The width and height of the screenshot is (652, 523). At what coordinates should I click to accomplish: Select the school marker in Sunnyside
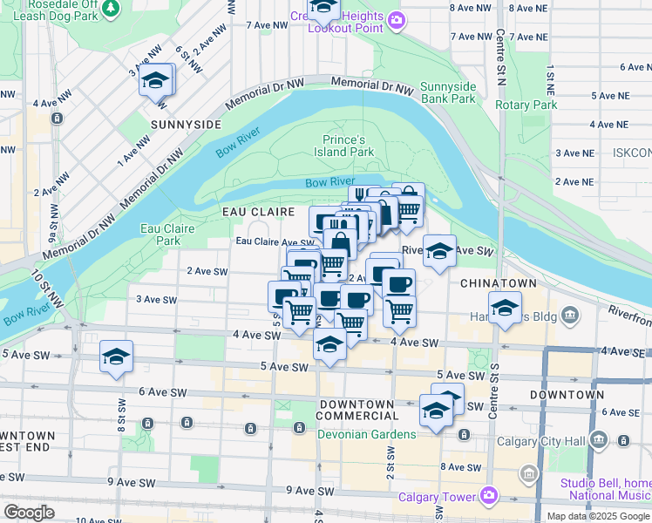(x=156, y=81)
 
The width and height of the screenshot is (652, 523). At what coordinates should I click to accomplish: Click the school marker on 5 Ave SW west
(x=115, y=357)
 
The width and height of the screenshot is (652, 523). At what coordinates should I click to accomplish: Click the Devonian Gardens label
(x=365, y=434)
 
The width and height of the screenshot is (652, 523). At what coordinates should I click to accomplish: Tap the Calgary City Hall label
(x=540, y=440)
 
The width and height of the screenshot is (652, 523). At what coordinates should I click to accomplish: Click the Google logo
(x=29, y=513)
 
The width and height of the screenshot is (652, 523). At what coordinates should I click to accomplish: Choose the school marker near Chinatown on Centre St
(x=504, y=309)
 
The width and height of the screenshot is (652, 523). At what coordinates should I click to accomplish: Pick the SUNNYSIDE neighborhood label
(x=186, y=125)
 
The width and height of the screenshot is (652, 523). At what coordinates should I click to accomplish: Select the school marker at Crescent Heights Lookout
(x=323, y=8)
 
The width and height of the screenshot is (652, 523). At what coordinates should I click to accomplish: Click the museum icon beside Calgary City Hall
(x=599, y=439)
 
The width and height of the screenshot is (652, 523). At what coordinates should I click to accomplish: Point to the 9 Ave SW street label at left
(x=132, y=482)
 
